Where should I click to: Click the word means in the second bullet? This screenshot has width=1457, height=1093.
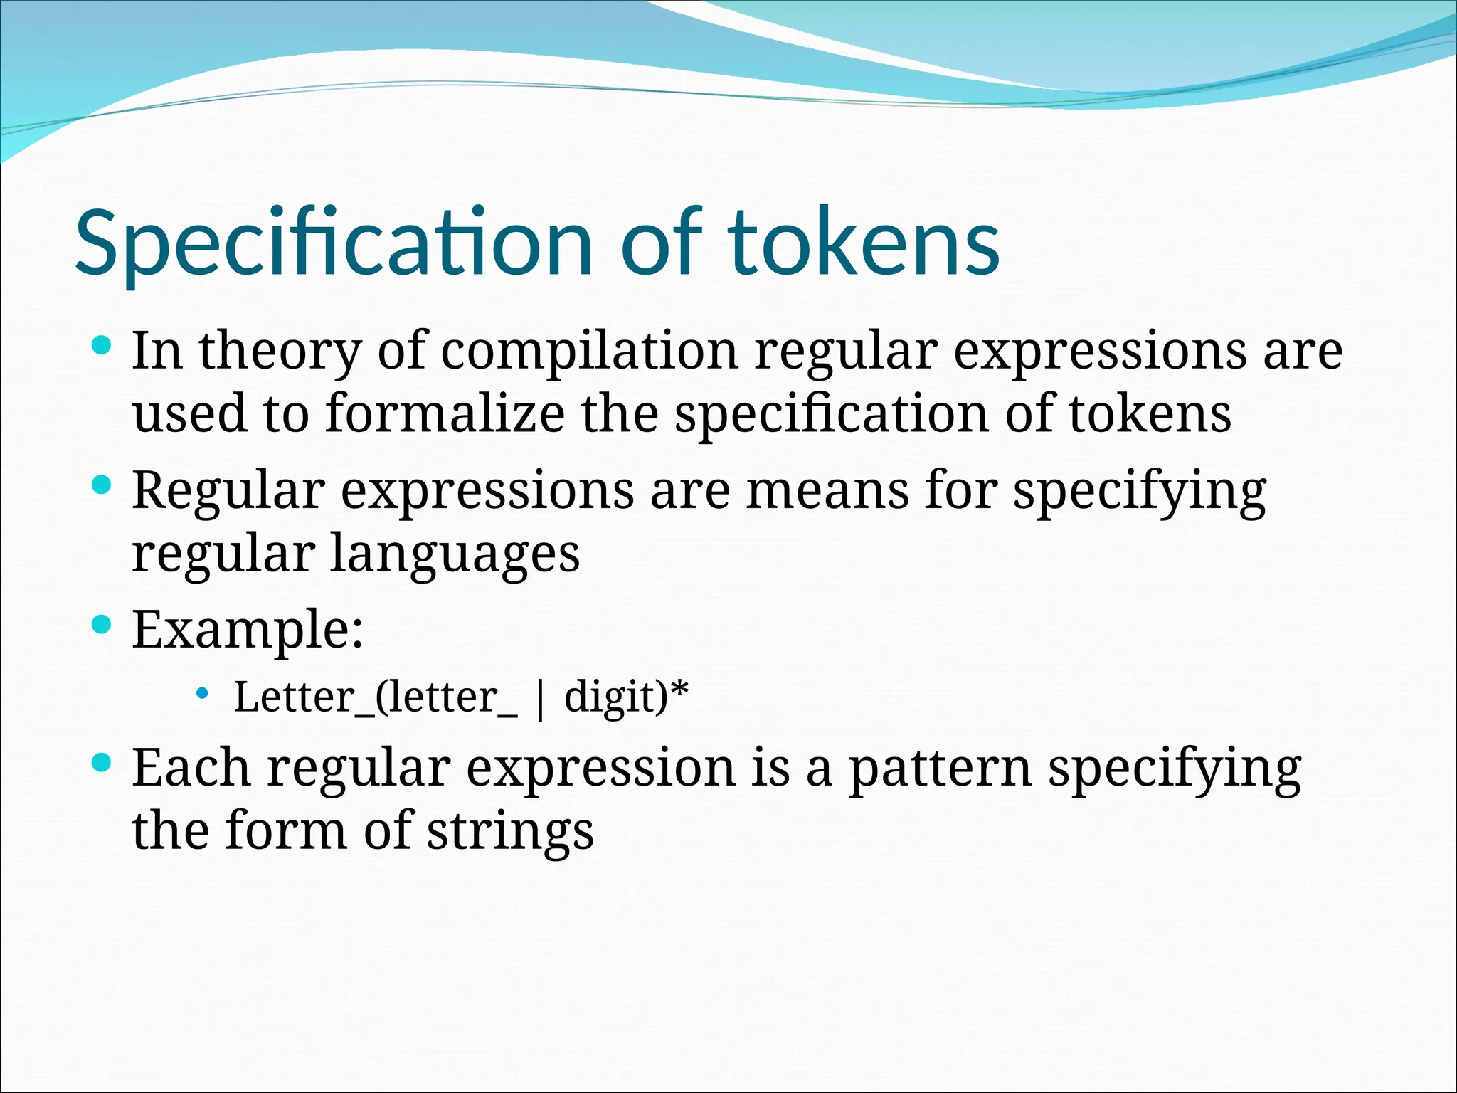(827, 490)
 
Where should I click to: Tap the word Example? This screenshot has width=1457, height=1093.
(248, 629)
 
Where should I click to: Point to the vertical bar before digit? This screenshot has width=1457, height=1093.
(541, 699)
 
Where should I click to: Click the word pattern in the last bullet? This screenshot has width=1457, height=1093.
(940, 769)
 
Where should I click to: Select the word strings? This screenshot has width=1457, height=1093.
(509, 831)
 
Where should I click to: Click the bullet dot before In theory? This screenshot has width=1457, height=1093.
(102, 347)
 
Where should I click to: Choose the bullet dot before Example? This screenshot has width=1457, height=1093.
(102, 625)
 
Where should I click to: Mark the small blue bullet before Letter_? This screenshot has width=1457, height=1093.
(202, 692)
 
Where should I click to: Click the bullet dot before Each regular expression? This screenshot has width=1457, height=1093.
(102, 764)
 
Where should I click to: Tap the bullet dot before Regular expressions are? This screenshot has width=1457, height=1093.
(102, 486)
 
